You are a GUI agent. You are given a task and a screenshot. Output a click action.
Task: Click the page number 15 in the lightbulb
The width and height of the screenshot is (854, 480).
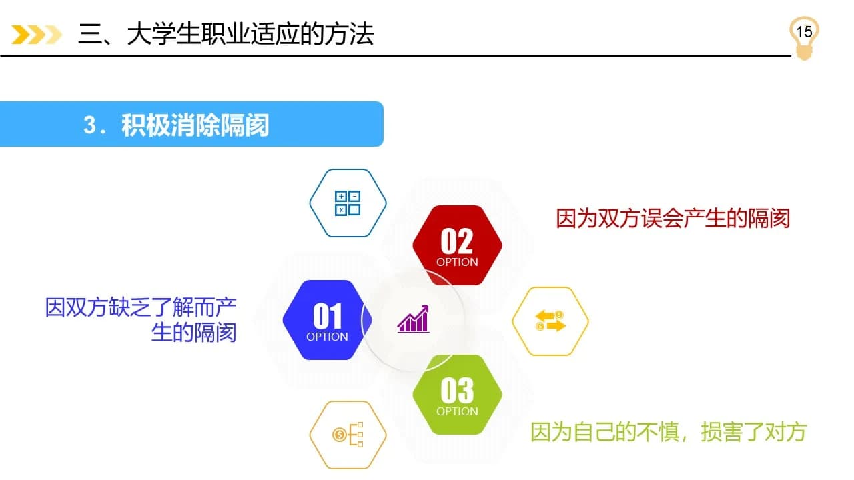pyautogui.click(x=804, y=31)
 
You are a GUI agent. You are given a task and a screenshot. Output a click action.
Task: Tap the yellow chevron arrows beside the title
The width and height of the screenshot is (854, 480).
pyautogui.click(x=37, y=34)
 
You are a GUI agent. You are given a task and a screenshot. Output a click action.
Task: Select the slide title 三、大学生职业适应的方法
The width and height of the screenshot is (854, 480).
pyautogui.click(x=226, y=33)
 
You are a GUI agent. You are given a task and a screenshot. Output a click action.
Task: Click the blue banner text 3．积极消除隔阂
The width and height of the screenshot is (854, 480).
pyautogui.click(x=176, y=125)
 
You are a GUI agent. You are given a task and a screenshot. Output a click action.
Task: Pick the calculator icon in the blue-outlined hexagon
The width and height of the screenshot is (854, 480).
pyautogui.click(x=348, y=203)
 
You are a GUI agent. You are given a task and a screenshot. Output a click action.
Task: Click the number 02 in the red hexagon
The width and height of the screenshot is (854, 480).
pyautogui.click(x=457, y=241)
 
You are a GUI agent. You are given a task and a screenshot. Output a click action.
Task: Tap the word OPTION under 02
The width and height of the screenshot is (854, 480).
pyautogui.click(x=457, y=262)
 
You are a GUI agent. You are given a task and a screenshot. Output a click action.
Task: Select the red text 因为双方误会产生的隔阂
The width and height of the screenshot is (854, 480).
pyautogui.click(x=673, y=219)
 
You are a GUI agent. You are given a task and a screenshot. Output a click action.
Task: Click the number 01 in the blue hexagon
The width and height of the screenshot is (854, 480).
pyautogui.click(x=327, y=316)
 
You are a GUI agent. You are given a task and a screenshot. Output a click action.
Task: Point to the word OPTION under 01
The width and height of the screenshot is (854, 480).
pyautogui.click(x=327, y=337)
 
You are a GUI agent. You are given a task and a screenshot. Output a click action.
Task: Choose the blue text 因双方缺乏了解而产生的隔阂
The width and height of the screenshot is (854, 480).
pyautogui.click(x=141, y=320)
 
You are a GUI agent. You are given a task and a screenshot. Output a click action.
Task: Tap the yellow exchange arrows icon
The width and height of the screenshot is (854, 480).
pyautogui.click(x=550, y=321)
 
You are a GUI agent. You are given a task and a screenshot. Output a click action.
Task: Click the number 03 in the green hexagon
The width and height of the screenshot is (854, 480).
pyautogui.click(x=457, y=391)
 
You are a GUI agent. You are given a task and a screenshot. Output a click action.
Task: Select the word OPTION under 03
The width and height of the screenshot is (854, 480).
pyautogui.click(x=457, y=411)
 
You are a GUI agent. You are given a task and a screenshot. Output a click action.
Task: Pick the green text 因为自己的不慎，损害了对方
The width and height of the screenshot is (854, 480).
pyautogui.click(x=668, y=432)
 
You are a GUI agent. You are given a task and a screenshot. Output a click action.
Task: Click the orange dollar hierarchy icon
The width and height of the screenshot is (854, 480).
pyautogui.click(x=348, y=435)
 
